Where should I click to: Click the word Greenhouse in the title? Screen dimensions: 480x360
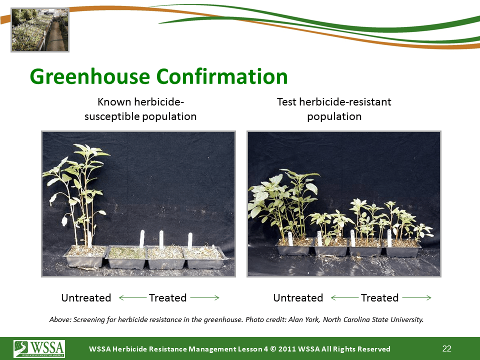point(90,76)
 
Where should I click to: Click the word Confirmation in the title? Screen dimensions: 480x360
point(222,76)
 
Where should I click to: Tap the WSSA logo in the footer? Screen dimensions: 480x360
point(39,348)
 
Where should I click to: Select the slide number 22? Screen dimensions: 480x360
point(446,348)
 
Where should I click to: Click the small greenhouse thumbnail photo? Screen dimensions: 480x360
point(40,30)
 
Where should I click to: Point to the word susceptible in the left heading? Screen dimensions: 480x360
point(112,116)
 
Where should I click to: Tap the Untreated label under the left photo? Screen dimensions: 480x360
point(86,298)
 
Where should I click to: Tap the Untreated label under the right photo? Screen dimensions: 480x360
point(298,298)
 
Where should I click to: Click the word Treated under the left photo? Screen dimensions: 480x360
point(168,298)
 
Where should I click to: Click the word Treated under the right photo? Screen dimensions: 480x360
point(380,298)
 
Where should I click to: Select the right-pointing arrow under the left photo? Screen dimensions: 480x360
point(205,297)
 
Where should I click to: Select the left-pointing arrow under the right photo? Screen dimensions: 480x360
point(344,297)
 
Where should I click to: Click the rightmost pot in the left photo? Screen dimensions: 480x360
point(204,258)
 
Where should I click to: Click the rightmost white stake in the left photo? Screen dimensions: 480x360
point(190,241)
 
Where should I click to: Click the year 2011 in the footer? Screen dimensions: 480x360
point(286,349)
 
